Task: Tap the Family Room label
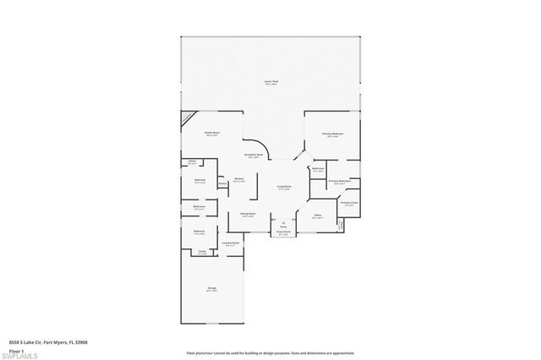click(211, 133)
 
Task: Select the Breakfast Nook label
click(253, 155)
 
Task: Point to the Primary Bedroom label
click(331, 134)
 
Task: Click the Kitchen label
click(239, 178)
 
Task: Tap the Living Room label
click(284, 187)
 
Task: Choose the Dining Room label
click(248, 215)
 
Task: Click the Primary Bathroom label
click(339, 181)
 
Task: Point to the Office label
click(318, 215)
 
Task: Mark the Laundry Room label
click(231, 243)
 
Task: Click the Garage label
click(211, 289)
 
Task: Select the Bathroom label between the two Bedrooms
click(199, 206)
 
